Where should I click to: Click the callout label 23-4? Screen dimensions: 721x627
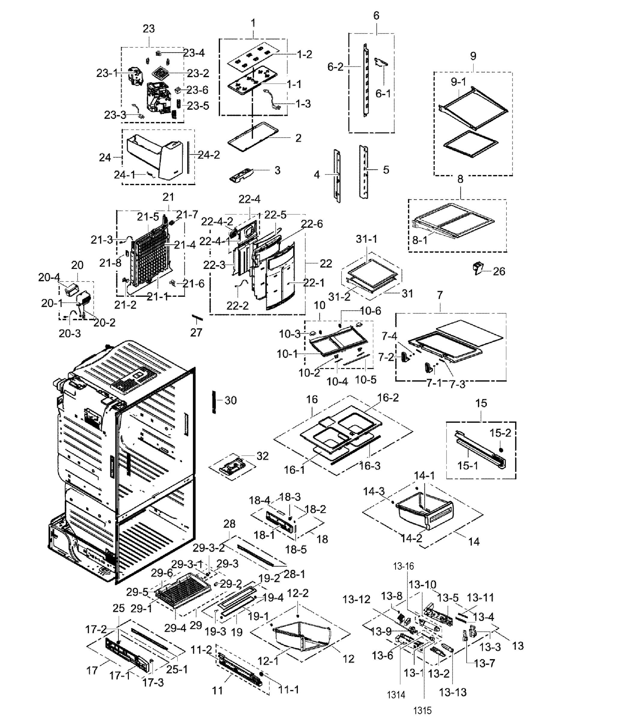pos(194,53)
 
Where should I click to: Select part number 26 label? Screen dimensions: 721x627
pos(499,271)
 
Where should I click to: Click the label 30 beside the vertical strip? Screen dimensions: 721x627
pos(231,400)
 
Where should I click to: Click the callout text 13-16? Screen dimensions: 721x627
pos(403,566)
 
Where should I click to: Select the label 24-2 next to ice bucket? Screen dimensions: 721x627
pos(209,155)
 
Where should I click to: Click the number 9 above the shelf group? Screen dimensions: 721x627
pos(473,56)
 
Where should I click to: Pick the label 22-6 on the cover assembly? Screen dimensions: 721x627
pos(312,224)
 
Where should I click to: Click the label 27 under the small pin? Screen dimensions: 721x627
pos(196,332)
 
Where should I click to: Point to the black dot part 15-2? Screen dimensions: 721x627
pos(501,450)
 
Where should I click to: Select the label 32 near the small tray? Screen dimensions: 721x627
pos(262,456)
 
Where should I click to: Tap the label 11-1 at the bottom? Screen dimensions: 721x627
pos(289,689)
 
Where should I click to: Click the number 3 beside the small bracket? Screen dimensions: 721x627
pos(277,170)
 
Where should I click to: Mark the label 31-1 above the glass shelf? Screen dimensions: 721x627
pos(367,239)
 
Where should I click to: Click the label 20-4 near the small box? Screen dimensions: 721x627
pos(49,277)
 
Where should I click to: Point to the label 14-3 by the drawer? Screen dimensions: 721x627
pos(374,491)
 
